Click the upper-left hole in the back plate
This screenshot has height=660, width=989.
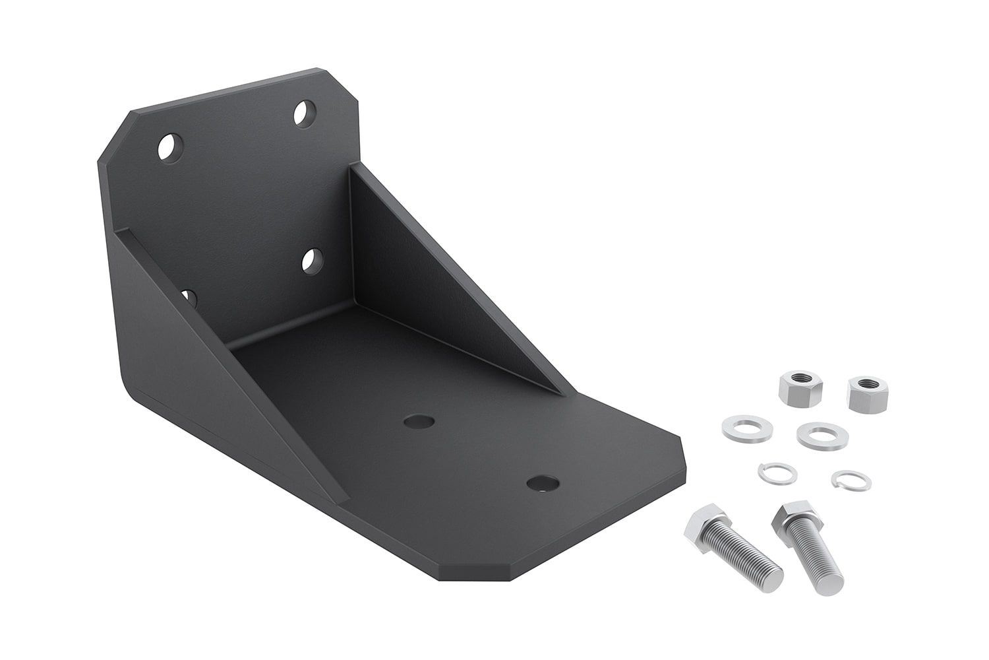169,147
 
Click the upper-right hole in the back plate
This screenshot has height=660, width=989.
304,113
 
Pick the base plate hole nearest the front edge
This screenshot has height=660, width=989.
541,484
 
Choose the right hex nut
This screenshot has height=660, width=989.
869,393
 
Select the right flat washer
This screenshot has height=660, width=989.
821,436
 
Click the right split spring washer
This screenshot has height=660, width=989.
851,480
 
